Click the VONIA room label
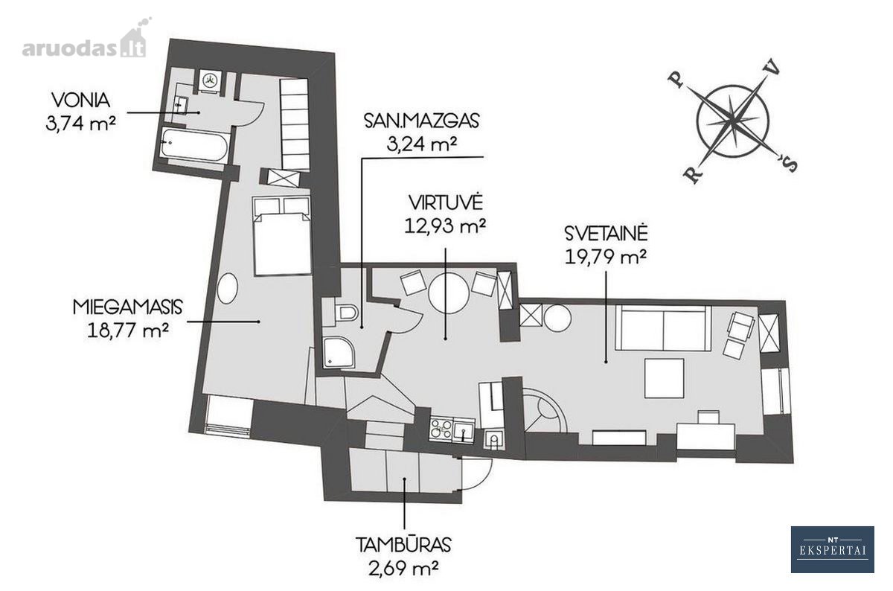click(81, 100)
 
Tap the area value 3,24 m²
click(422, 144)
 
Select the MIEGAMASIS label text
click(127, 307)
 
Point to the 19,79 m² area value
click(606, 256)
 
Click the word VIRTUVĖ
click(446, 202)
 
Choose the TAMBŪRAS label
click(403, 545)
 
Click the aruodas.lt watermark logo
click(86, 42)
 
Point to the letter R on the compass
click(694, 175)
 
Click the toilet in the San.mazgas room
click(344, 313)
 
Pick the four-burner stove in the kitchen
click(442, 429)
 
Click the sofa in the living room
click(663, 328)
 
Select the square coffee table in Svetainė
click(665, 378)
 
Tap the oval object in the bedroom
click(227, 288)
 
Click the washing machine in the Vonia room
click(209, 80)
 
